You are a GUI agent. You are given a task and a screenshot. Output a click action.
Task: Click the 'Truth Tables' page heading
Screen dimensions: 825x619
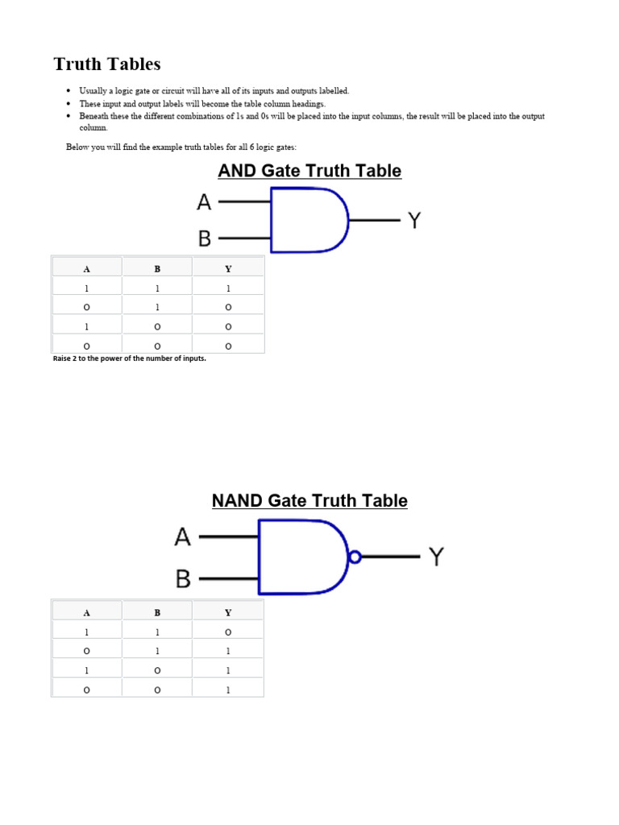[107, 64]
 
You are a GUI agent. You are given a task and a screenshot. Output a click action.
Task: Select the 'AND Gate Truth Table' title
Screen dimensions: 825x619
[309, 171]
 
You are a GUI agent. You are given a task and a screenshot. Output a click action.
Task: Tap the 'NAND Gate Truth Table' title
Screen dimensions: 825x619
[309, 501]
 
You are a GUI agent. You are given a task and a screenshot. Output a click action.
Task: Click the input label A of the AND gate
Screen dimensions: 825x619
[204, 202]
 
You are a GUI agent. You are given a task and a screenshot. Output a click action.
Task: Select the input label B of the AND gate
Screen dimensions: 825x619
[204, 238]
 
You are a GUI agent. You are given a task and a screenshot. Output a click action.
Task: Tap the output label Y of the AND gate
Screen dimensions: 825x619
[413, 220]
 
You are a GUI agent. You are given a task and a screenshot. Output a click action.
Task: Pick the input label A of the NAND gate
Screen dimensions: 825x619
[183, 537]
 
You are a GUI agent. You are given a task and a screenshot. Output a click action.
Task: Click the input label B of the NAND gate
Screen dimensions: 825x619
[183, 578]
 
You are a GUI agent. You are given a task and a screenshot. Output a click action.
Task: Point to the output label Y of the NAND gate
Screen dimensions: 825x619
[435, 556]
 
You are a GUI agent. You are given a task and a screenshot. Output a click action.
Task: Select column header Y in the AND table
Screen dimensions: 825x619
[228, 269]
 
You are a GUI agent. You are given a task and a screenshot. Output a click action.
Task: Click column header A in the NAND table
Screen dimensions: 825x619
[87, 613]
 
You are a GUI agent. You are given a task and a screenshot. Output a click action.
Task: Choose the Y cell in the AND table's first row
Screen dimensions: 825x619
[228, 288]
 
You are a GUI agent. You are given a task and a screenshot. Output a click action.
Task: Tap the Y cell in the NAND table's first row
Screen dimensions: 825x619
[228, 632]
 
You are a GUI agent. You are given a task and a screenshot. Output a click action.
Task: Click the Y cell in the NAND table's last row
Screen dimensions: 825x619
[228, 690]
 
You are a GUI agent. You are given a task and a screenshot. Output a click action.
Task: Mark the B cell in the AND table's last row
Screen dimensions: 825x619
[157, 346]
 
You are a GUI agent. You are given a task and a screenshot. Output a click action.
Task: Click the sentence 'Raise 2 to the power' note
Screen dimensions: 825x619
[129, 359]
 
